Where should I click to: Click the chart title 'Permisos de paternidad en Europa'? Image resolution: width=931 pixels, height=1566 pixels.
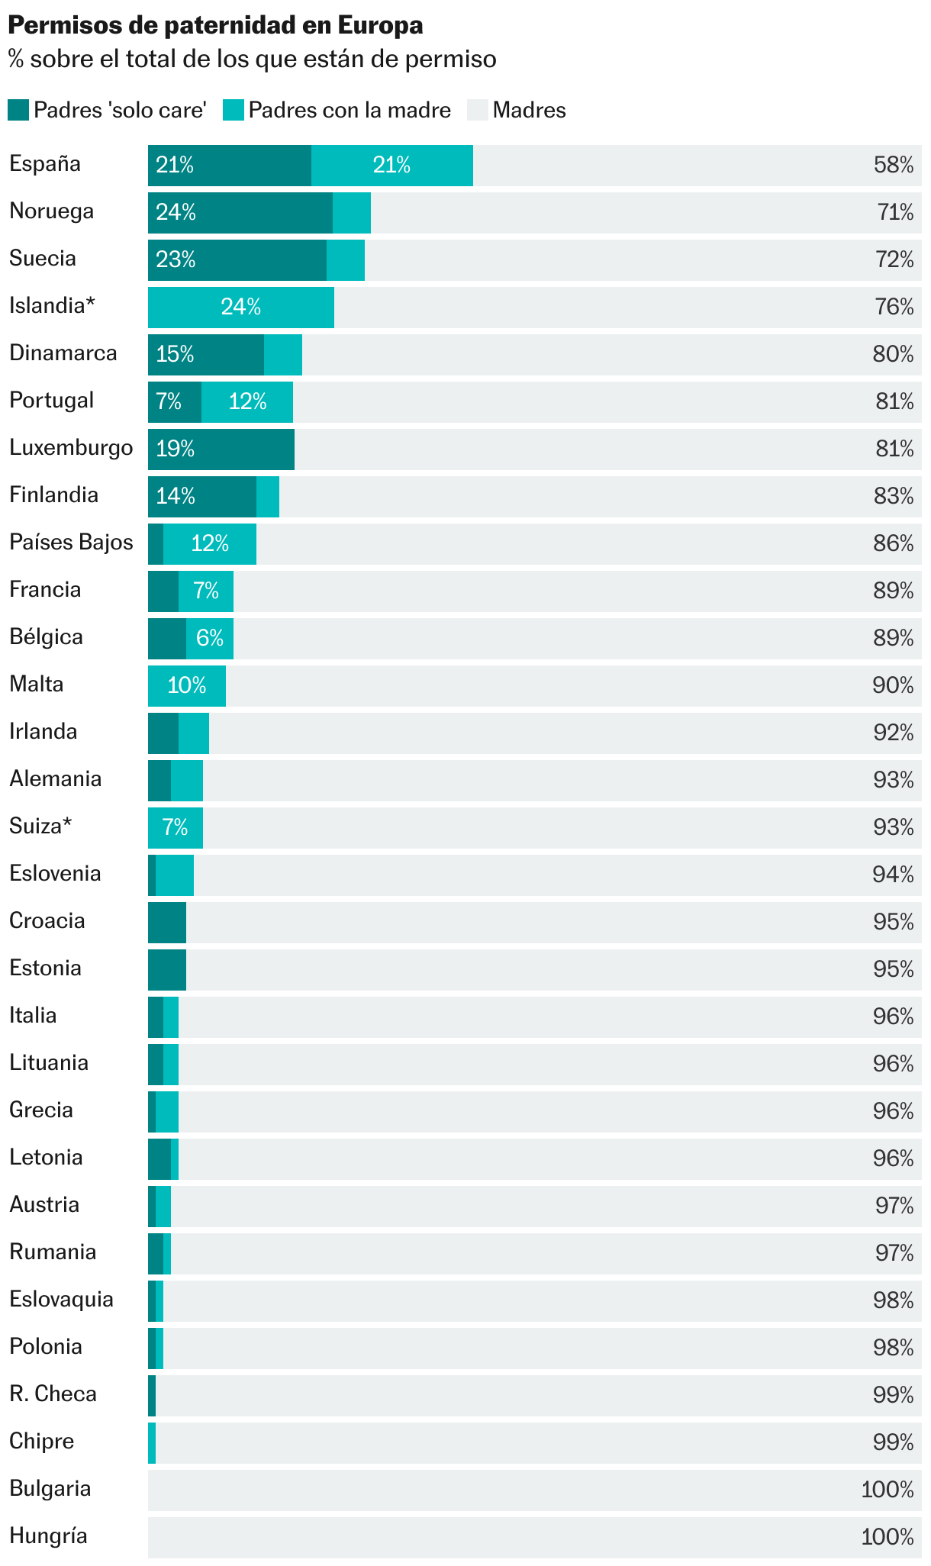tap(215, 26)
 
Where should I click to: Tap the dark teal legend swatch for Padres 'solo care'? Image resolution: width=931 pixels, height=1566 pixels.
tap(18, 110)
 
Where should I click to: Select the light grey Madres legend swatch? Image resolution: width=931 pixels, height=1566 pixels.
tap(477, 110)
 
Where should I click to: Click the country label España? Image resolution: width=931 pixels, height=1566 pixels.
tap(45, 164)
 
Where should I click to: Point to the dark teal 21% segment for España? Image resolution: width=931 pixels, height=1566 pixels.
tap(229, 165)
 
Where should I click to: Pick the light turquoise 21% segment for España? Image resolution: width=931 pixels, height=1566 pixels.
tap(391, 165)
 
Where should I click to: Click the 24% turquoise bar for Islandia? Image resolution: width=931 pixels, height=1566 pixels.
tap(241, 307)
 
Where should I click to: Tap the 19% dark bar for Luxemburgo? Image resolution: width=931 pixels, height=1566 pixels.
tap(221, 449)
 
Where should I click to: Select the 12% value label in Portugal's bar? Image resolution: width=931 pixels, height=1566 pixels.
tap(247, 401)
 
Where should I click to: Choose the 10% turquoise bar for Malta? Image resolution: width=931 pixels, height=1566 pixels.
tap(187, 685)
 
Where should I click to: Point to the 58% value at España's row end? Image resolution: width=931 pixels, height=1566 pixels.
tap(893, 165)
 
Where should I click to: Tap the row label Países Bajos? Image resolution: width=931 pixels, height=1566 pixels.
tap(71, 543)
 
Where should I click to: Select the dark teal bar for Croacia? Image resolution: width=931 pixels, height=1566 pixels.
tap(167, 922)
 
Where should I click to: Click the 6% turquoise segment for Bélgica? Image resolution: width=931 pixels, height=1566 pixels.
tap(210, 638)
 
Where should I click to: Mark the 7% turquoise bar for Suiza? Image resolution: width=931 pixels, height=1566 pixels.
tap(176, 827)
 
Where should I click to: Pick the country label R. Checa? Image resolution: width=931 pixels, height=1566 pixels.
tap(53, 1394)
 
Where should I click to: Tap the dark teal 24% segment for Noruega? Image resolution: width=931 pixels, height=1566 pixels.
tap(240, 212)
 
